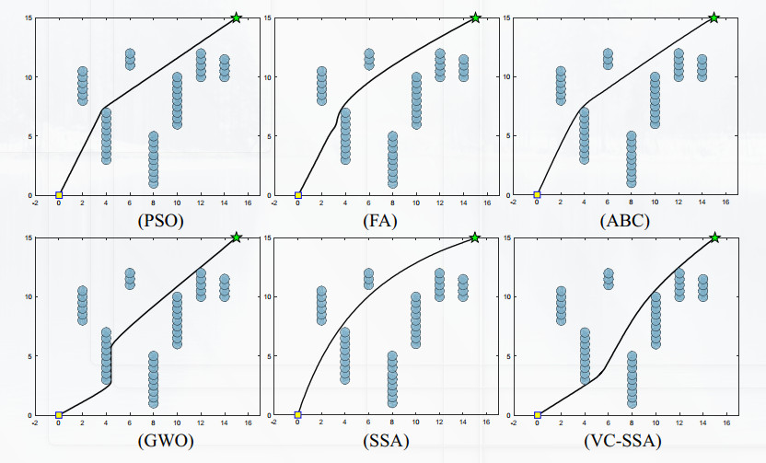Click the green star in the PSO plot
(x=237, y=17)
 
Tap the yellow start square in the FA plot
(x=297, y=195)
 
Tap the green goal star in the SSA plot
(x=475, y=237)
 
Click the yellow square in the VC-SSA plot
(x=537, y=415)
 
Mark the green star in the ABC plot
(x=714, y=17)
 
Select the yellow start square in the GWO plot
(x=59, y=415)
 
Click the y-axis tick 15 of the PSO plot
(x=29, y=17)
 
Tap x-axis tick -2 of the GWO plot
(x=35, y=424)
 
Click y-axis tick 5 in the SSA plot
(x=270, y=356)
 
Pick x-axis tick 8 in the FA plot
(x=392, y=204)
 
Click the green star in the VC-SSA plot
(x=714, y=237)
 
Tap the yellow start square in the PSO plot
(x=59, y=195)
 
